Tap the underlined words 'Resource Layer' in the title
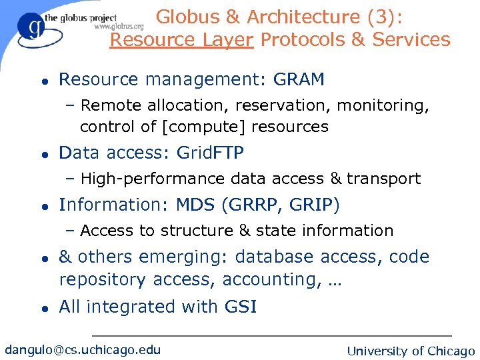(181, 40)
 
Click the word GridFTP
(210, 153)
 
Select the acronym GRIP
(313, 205)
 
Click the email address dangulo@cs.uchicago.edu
(83, 349)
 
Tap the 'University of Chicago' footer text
(411, 351)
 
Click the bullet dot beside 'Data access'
(43, 154)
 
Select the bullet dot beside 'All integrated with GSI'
(43, 308)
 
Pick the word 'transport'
(383, 179)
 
